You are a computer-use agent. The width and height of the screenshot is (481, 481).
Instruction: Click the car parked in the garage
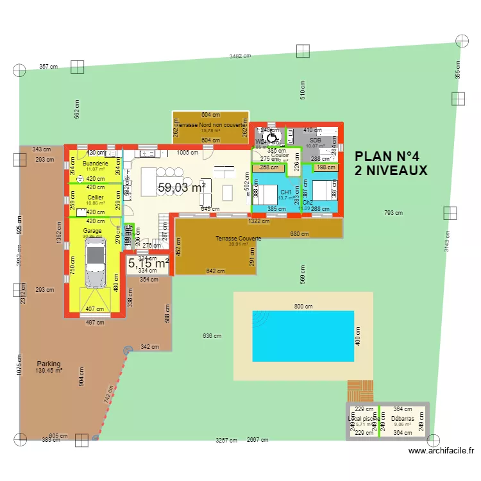point(94,265)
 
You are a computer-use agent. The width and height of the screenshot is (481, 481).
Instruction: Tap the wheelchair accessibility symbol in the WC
point(272,136)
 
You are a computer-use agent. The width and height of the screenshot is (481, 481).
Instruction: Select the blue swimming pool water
point(303,335)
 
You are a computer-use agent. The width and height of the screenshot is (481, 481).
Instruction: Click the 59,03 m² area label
point(181,187)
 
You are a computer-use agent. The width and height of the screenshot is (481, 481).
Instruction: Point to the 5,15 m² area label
point(148,262)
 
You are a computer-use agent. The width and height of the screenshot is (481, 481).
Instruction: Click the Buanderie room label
point(96,164)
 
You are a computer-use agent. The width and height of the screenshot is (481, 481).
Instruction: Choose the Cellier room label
point(96,198)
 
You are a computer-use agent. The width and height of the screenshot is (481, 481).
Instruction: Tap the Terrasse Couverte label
point(238,238)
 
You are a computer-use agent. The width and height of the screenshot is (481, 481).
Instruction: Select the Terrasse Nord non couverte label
point(210,125)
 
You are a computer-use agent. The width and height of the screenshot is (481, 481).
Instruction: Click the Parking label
point(49,363)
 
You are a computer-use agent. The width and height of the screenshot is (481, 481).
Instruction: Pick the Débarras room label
point(403,418)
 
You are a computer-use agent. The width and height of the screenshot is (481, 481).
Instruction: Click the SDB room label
point(315,140)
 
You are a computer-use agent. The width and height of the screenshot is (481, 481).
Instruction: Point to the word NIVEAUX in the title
point(391,171)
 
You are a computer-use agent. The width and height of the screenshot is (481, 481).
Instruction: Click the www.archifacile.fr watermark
point(442,451)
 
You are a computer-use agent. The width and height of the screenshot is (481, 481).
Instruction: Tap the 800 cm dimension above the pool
point(303,307)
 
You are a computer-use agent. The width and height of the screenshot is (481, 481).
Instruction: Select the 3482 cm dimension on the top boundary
point(240,56)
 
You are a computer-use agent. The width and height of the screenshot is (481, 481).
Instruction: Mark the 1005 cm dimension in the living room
point(187,153)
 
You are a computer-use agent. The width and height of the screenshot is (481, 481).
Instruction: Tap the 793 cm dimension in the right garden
point(393,213)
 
